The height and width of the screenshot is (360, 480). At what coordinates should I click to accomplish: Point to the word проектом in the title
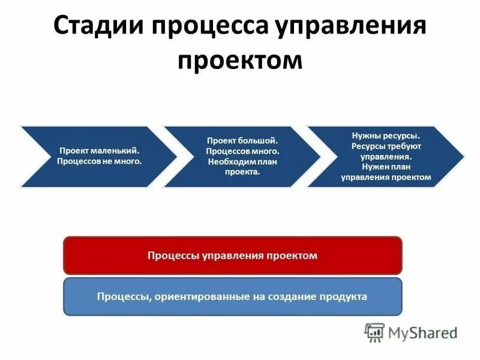tap(239, 62)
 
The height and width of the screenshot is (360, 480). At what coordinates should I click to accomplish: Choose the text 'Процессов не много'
tap(99, 161)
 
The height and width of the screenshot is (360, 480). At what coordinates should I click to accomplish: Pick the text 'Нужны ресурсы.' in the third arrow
tap(385, 136)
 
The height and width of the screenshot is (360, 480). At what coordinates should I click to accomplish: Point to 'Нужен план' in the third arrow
tap(385, 167)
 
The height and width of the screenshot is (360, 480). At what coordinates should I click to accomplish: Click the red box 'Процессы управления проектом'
tap(232, 256)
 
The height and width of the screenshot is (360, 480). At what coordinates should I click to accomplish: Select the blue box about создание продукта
tap(232, 296)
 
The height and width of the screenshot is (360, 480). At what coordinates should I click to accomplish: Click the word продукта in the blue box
tap(344, 296)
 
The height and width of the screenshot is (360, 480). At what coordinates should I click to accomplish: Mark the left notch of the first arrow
tap(47, 157)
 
